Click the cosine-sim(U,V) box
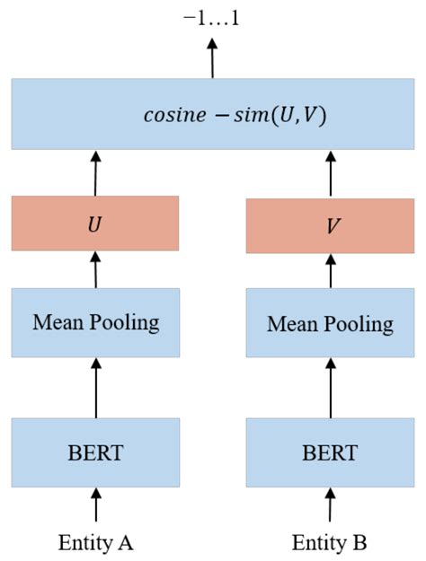point(212,115)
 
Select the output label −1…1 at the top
point(212,20)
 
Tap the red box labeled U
point(95,223)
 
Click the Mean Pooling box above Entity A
point(95,321)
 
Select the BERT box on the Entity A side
point(95,451)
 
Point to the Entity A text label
point(95,542)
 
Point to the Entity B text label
point(330,542)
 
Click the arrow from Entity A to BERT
point(95,504)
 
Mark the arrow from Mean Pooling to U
point(95,269)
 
